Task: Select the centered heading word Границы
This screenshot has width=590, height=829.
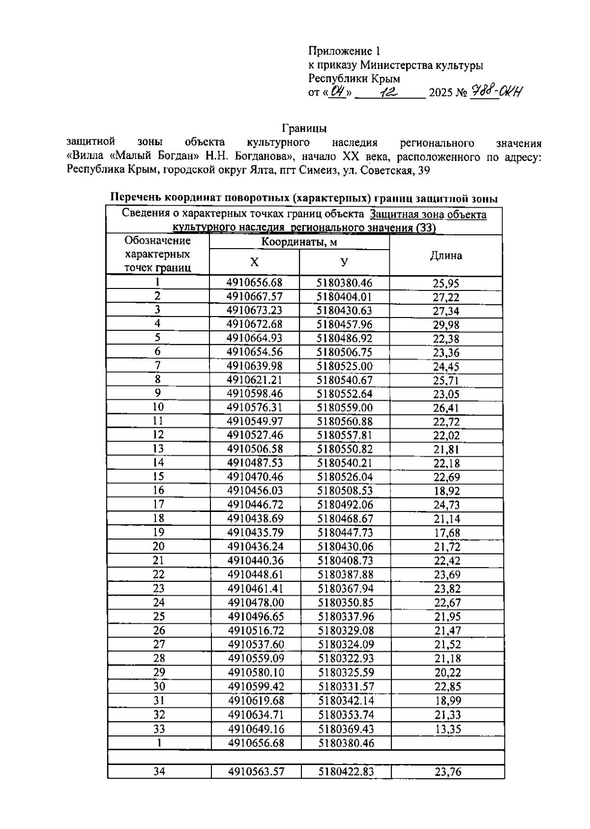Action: [304, 129]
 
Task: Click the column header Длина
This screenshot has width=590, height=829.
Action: [446, 255]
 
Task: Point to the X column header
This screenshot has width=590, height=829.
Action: [254, 262]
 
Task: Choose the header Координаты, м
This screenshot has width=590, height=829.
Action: [299, 242]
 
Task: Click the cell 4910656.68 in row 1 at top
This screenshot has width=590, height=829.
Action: [255, 283]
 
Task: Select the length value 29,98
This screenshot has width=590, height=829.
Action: [446, 325]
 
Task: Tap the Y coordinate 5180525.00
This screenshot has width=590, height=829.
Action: [344, 366]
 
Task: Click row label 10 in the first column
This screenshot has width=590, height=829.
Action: [158, 407]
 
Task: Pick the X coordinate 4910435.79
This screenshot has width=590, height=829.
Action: [255, 533]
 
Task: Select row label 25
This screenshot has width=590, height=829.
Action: [159, 616]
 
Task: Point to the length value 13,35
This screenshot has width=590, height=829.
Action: [448, 729]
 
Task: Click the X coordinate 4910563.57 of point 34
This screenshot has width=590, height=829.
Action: [256, 772]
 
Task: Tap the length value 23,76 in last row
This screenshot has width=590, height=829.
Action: [448, 772]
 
